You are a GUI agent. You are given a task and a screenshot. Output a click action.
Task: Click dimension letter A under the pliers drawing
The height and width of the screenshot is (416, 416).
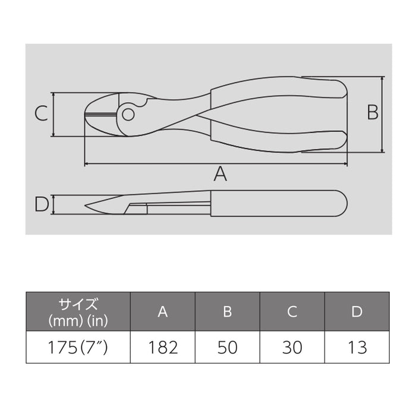pyautogui.click(x=220, y=174)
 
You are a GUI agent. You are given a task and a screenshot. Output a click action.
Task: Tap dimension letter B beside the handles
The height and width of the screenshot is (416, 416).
pyautogui.click(x=372, y=112)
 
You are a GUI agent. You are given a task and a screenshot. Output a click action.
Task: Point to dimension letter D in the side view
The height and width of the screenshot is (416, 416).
pyautogui.click(x=40, y=204)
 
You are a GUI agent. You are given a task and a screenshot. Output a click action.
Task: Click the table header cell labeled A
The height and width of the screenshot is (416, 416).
pyautogui.click(x=162, y=312)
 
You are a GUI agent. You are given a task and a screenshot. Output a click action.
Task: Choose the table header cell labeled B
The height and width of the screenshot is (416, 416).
pyautogui.click(x=227, y=312)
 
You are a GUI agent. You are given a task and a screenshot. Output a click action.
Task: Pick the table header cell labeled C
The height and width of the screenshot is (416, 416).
pyautogui.click(x=292, y=312)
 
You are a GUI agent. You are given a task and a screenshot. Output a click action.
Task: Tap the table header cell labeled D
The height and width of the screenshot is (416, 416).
pyautogui.click(x=357, y=312)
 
